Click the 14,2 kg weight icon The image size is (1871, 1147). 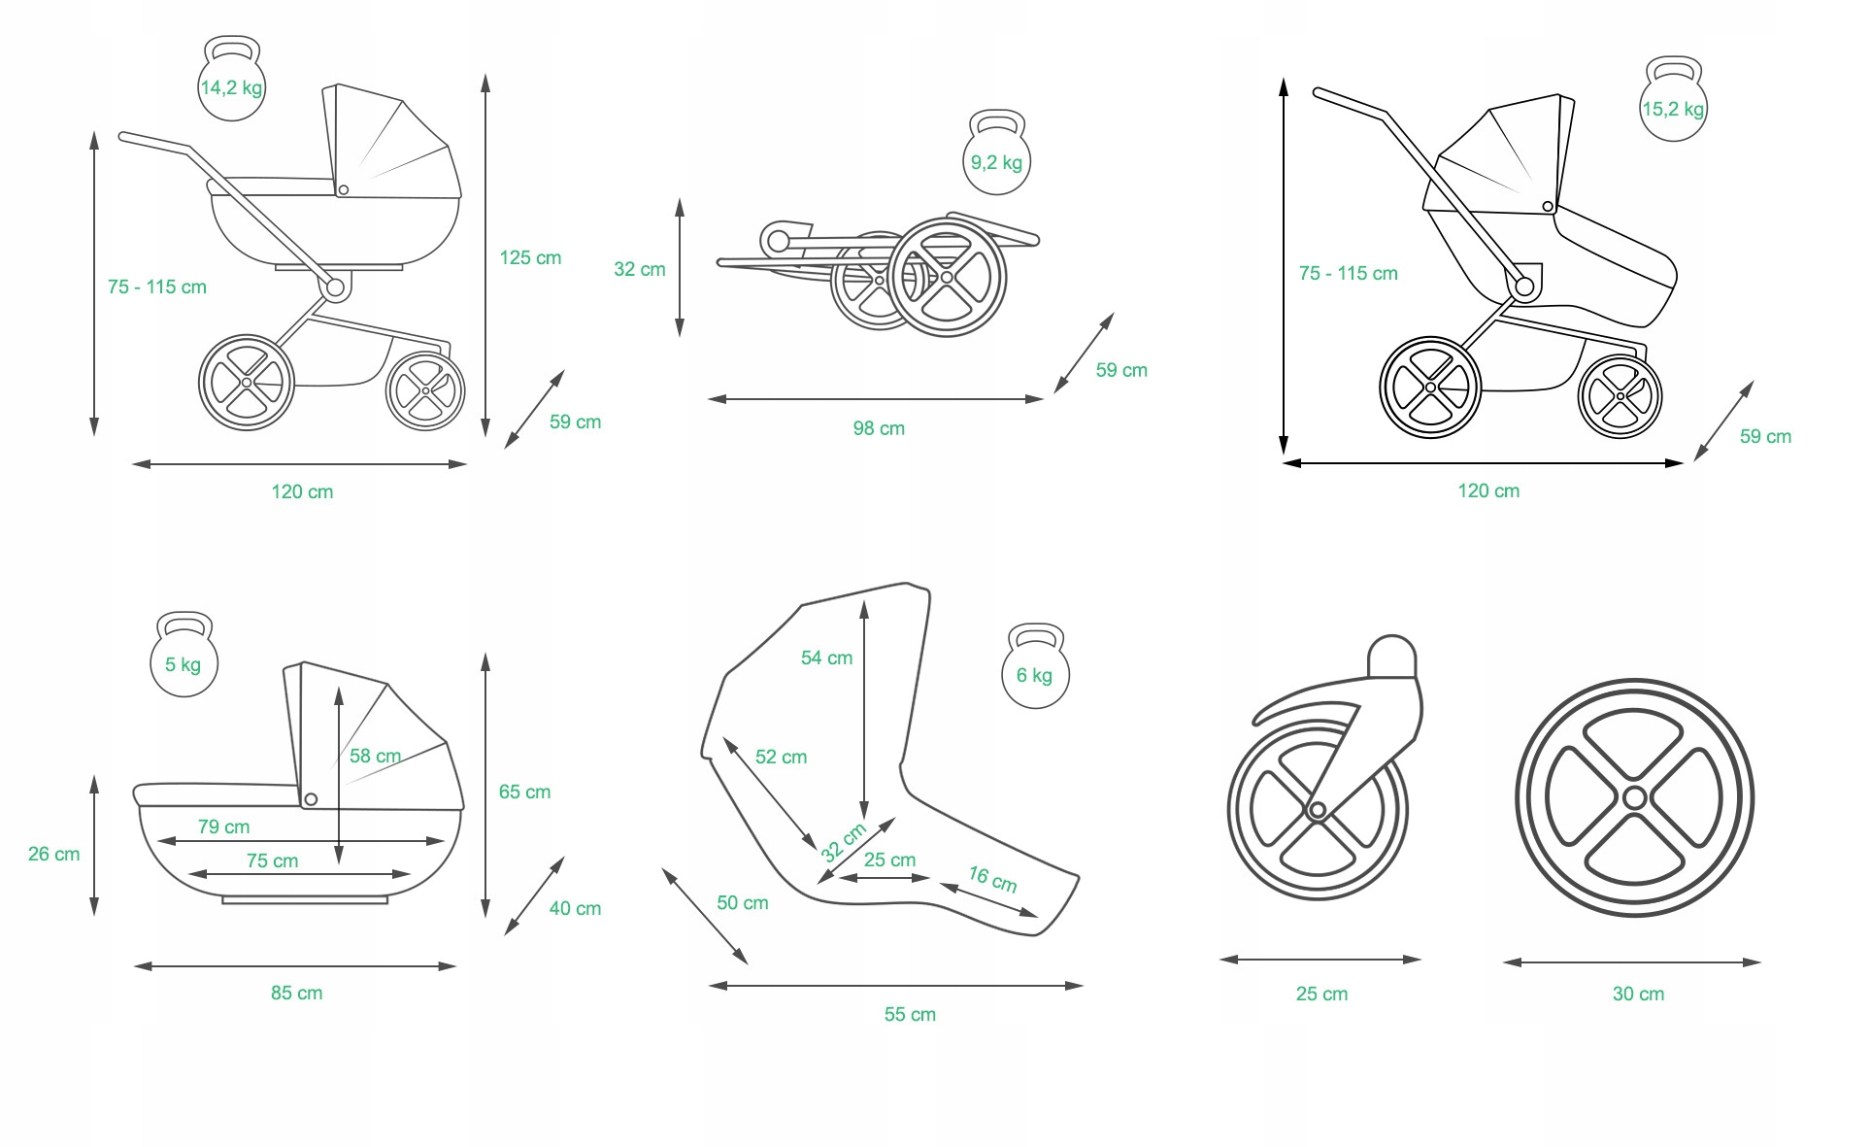[x=231, y=82]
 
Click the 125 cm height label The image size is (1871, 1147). [x=530, y=257]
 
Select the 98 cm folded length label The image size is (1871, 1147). [x=879, y=428]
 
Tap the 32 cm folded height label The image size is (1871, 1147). [x=639, y=269]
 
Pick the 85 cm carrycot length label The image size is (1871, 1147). [x=296, y=993]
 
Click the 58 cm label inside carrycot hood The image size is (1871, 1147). [x=375, y=756]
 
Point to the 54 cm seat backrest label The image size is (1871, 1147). [x=826, y=658]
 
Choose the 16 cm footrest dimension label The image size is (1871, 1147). [x=992, y=879]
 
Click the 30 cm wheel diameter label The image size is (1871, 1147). [x=1638, y=994]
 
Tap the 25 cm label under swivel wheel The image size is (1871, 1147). [x=1321, y=994]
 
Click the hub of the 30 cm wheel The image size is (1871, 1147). [x=1634, y=798]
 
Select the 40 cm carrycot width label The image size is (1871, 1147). [x=575, y=908]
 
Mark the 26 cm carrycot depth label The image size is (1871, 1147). [x=53, y=854]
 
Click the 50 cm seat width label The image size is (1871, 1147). [x=743, y=902]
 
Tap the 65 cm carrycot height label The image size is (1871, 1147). [x=524, y=792]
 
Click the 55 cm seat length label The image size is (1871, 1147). [x=910, y=1014]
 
